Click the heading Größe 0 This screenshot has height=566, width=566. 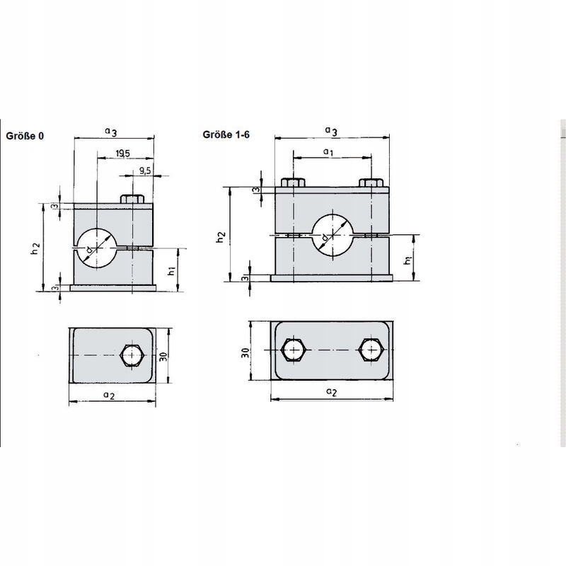pos(26,136)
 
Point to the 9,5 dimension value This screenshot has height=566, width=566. pos(145,171)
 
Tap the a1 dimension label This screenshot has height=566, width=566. pos(328,152)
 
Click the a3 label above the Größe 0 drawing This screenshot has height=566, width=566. pos(110,130)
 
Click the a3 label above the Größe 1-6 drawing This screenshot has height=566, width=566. pos(330,130)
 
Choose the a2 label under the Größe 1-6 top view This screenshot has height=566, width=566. pos(330,391)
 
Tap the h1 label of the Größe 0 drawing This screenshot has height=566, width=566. pos(172,270)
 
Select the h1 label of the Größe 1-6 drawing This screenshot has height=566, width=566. pos(408,260)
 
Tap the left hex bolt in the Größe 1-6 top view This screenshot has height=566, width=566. pos(293,350)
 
